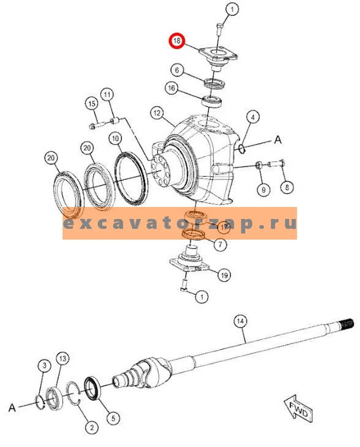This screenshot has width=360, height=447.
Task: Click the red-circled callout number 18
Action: pos(177,41)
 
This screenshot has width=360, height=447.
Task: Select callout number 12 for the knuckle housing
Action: pos(157,113)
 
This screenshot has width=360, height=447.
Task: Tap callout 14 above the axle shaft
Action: pos(240,322)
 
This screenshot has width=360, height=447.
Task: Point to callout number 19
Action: pos(225,275)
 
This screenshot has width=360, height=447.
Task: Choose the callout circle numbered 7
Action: pos(220,244)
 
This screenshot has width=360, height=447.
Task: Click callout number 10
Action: pos(115,139)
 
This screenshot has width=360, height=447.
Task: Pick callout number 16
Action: pos(172,88)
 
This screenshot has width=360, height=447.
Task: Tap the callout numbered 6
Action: pos(177,70)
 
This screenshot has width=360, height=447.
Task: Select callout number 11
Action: pos(107,95)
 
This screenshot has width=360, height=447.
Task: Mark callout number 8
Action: pos(287,187)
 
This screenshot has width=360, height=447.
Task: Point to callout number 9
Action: pos(263,190)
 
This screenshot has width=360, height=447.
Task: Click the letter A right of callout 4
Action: pos(278,140)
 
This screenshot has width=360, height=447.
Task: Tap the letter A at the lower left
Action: pos(12,407)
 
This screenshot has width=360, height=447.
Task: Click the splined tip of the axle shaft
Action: pos(348,324)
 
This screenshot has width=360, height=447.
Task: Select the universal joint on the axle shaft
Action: pos(151,371)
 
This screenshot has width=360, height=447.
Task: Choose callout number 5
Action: pos(113,418)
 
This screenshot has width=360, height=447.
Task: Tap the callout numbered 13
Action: pos(63,358)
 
